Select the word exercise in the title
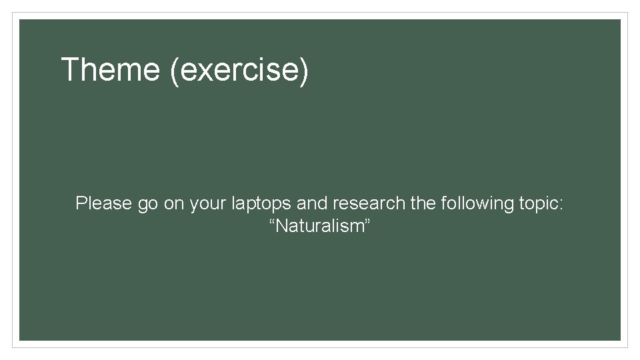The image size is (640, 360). point(240,70)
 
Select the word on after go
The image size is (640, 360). point(173,203)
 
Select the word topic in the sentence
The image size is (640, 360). point(538,204)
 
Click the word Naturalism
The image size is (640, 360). point(319,227)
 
